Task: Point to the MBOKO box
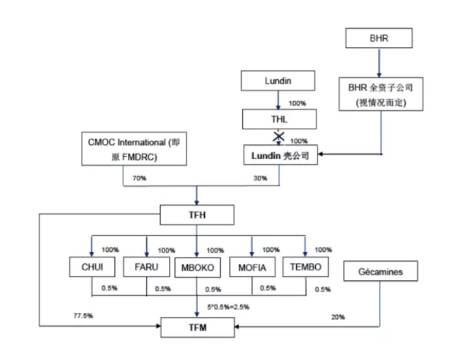coord(198,269)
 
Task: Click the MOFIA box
coord(251,268)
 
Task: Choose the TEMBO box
coord(305,268)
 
